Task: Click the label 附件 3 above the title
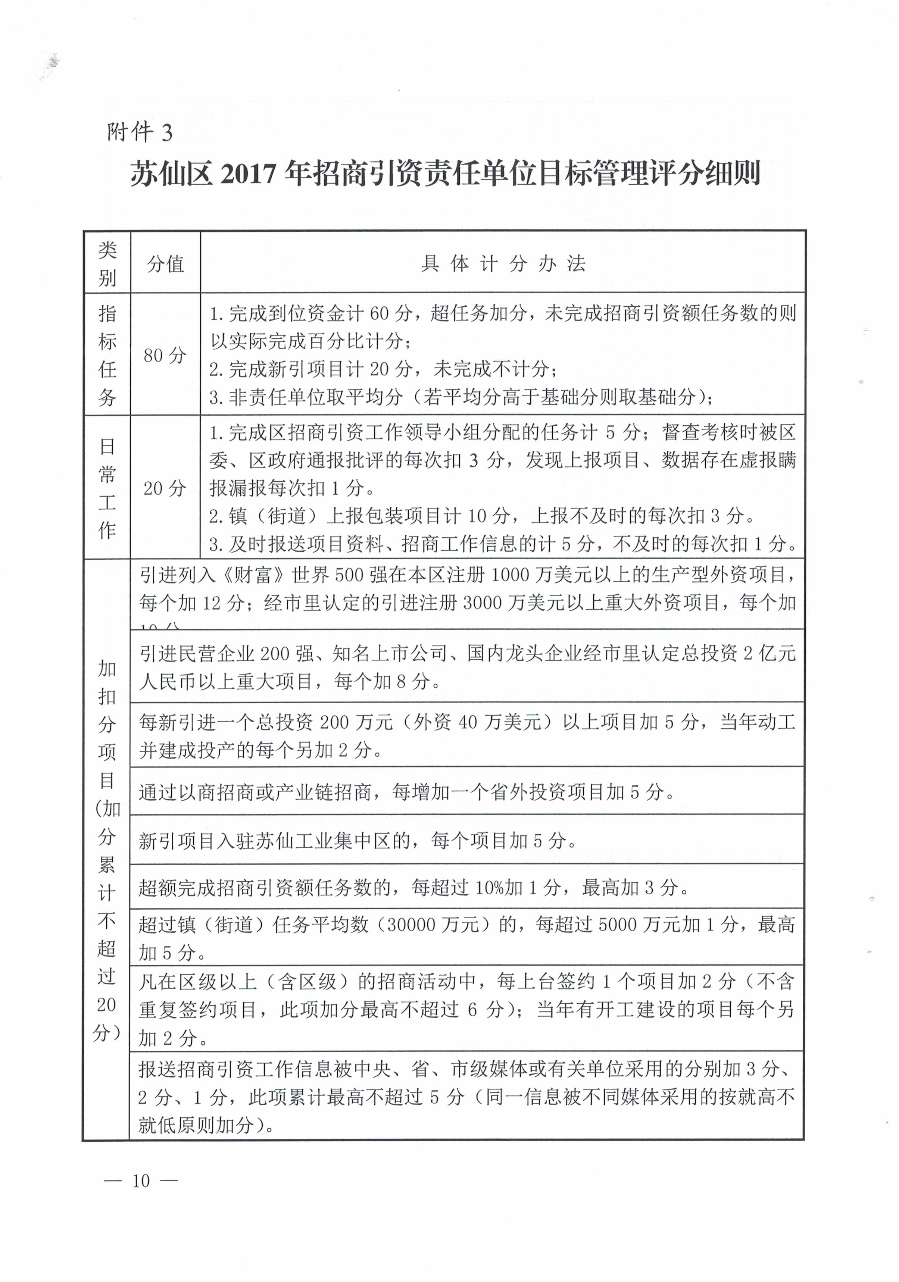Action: (140, 132)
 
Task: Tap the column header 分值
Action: (165, 263)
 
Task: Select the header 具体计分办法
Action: (503, 263)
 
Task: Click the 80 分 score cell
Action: (165, 355)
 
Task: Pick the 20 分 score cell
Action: (165, 488)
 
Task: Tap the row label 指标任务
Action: (107, 355)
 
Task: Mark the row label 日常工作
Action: (107, 488)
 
